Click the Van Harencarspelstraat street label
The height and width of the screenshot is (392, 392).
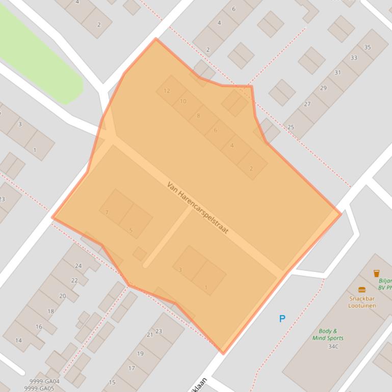click(x=197, y=208)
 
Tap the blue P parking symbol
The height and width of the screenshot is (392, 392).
click(x=282, y=319)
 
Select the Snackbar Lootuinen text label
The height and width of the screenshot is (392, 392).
click(x=362, y=302)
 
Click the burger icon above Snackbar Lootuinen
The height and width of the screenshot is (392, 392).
click(x=362, y=290)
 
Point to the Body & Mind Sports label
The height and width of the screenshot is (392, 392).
click(x=328, y=334)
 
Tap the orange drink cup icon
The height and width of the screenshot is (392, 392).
click(x=376, y=273)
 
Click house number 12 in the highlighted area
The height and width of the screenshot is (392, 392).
click(x=167, y=91)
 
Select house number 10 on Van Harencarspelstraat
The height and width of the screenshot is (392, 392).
click(x=183, y=101)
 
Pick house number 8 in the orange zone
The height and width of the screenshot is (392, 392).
click(x=198, y=116)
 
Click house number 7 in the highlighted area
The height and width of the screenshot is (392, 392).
click(x=107, y=212)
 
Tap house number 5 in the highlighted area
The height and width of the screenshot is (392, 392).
click(x=130, y=230)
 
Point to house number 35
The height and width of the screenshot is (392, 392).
click(x=368, y=47)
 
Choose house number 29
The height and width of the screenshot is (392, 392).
click(x=323, y=88)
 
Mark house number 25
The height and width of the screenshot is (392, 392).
click(x=291, y=127)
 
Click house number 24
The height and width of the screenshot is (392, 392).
click(x=78, y=266)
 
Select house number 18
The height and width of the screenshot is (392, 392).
click(x=50, y=311)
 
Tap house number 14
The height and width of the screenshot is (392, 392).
click(x=18, y=341)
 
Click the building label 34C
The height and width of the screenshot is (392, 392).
click(x=333, y=347)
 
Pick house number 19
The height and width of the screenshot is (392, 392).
click(x=140, y=353)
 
